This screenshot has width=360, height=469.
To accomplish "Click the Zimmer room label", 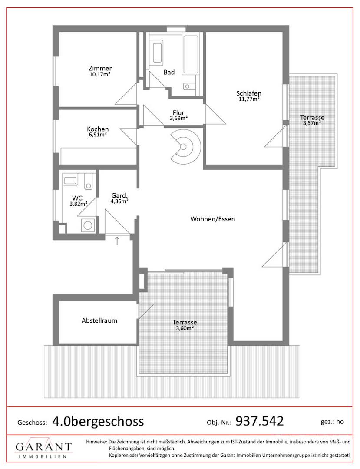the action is [x=100, y=69].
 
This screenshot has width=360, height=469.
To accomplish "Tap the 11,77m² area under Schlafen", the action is [x=249, y=99].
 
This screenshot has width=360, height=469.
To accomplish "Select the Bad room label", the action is [x=169, y=72].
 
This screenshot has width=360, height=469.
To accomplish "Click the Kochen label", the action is [x=98, y=129].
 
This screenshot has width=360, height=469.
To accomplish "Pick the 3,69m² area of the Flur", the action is [x=179, y=118].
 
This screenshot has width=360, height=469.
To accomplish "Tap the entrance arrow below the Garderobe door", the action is [x=117, y=241].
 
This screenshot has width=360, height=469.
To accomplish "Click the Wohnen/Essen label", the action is [x=213, y=219].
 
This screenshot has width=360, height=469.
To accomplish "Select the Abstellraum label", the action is [x=99, y=320].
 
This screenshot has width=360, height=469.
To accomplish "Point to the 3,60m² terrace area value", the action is [x=185, y=328].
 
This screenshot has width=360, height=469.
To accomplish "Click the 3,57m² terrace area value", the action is [x=312, y=122].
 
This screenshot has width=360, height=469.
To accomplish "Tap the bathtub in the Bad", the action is [x=191, y=55].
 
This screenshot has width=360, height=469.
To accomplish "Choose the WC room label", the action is [x=77, y=198].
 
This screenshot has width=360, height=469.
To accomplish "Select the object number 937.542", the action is [x=260, y=421].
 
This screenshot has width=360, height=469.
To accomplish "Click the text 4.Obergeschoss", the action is [x=98, y=421].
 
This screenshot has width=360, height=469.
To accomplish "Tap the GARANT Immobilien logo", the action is [x=43, y=449].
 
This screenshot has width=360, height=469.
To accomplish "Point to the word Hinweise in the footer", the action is [x=96, y=442].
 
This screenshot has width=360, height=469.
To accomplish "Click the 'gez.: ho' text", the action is [x=332, y=422].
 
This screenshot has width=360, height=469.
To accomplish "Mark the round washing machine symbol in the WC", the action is [x=88, y=225].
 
